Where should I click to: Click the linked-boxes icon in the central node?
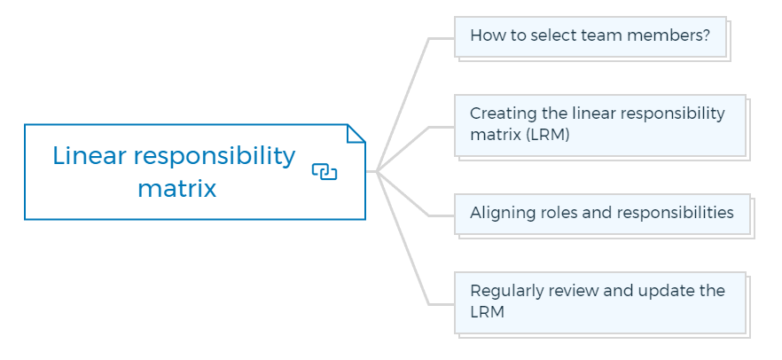click(325, 171)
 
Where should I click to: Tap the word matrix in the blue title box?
click(177, 189)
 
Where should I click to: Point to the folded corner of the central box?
click(356, 133)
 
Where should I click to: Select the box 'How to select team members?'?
click(590, 36)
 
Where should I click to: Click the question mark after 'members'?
click(706, 35)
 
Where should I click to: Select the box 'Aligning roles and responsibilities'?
click(603, 214)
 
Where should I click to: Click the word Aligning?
click(502, 213)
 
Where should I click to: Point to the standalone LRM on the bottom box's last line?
click(488, 312)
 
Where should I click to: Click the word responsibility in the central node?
click(215, 157)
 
